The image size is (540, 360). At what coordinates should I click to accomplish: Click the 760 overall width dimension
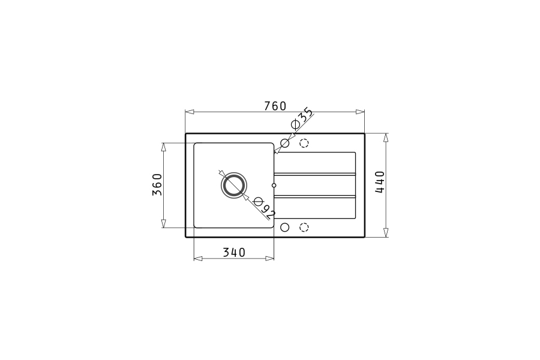(x=275, y=106)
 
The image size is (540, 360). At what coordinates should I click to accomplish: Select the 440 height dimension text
(x=380, y=182)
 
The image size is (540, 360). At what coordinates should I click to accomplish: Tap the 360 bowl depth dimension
(x=157, y=184)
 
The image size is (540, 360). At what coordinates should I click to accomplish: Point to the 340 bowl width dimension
(x=234, y=253)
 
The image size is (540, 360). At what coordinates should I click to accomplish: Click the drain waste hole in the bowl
(x=234, y=185)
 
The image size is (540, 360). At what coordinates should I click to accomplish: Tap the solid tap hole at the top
(x=285, y=143)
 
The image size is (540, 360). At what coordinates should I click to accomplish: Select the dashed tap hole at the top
(x=304, y=143)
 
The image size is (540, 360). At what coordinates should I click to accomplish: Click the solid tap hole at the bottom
(x=285, y=227)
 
